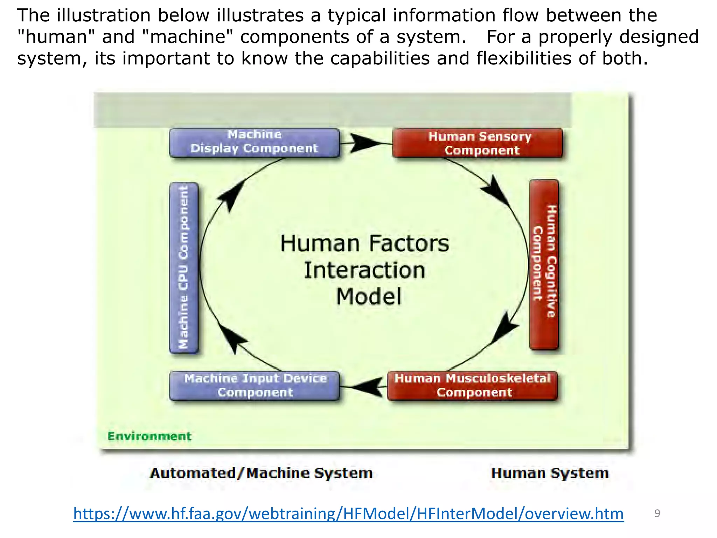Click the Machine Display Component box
tap(254, 142)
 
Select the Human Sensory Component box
tap(478, 143)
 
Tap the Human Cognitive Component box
tap(544, 264)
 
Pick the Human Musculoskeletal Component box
tap(472, 385)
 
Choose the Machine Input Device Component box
tap(254, 385)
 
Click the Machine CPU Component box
tap(183, 268)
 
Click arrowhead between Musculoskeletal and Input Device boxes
tap(368, 387)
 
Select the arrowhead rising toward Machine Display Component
tap(231, 196)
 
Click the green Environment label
tap(149, 436)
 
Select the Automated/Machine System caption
tap(261, 473)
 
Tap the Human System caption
tap(550, 473)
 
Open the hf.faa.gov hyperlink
tap(348, 514)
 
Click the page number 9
tap(657, 513)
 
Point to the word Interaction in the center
tap(364, 270)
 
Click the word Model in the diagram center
tap(368, 297)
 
